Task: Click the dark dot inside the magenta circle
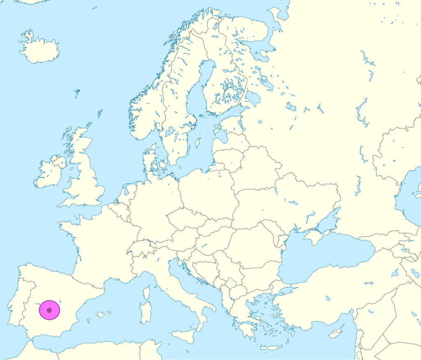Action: (49, 310)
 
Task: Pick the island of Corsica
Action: (146, 293)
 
